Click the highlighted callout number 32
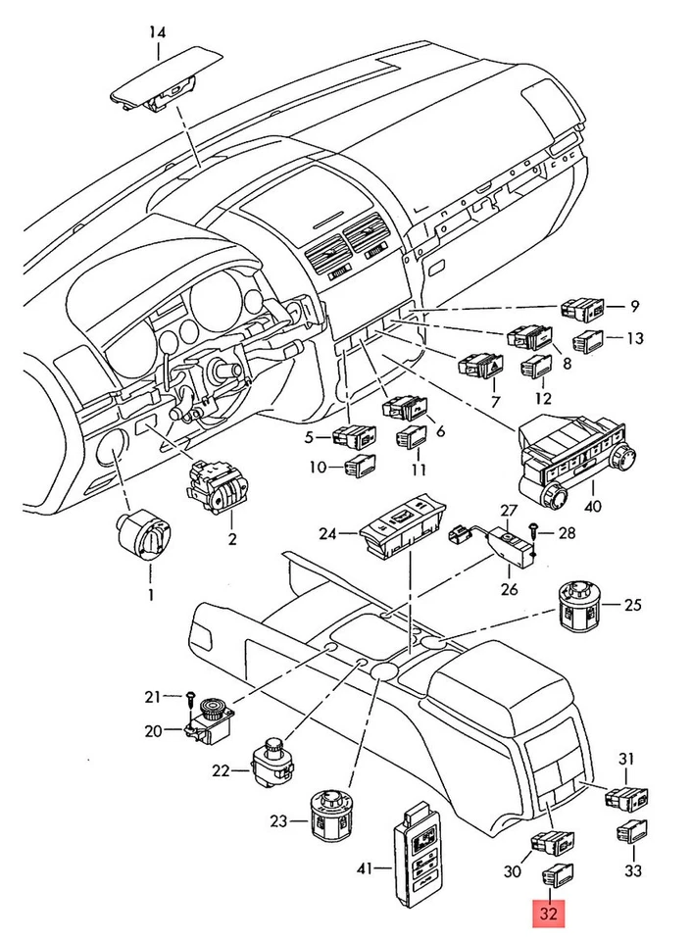[x=549, y=915]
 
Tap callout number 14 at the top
[x=157, y=33]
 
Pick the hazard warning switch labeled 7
[x=482, y=367]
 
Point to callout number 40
[x=591, y=507]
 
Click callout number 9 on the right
[x=633, y=305]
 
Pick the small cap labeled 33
[x=630, y=831]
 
